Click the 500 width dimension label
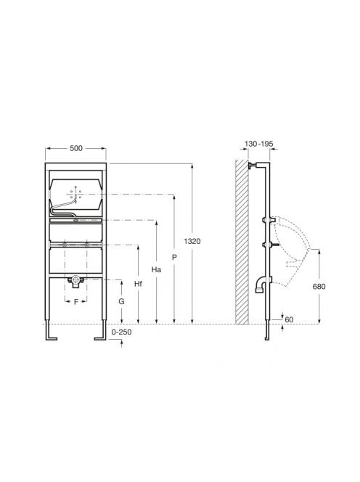pyautogui.click(x=76, y=148)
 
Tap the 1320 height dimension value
pyautogui.click(x=192, y=241)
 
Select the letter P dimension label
pyautogui.click(x=174, y=257)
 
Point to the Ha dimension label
pyautogui.click(x=157, y=269)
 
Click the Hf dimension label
pyautogui.click(x=139, y=284)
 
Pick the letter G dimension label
pyautogui.click(x=122, y=301)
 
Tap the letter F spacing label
pyautogui.click(x=76, y=302)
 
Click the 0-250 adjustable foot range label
pyautogui.click(x=121, y=332)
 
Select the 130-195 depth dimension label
pyautogui.click(x=258, y=144)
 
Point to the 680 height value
pyautogui.click(x=319, y=287)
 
